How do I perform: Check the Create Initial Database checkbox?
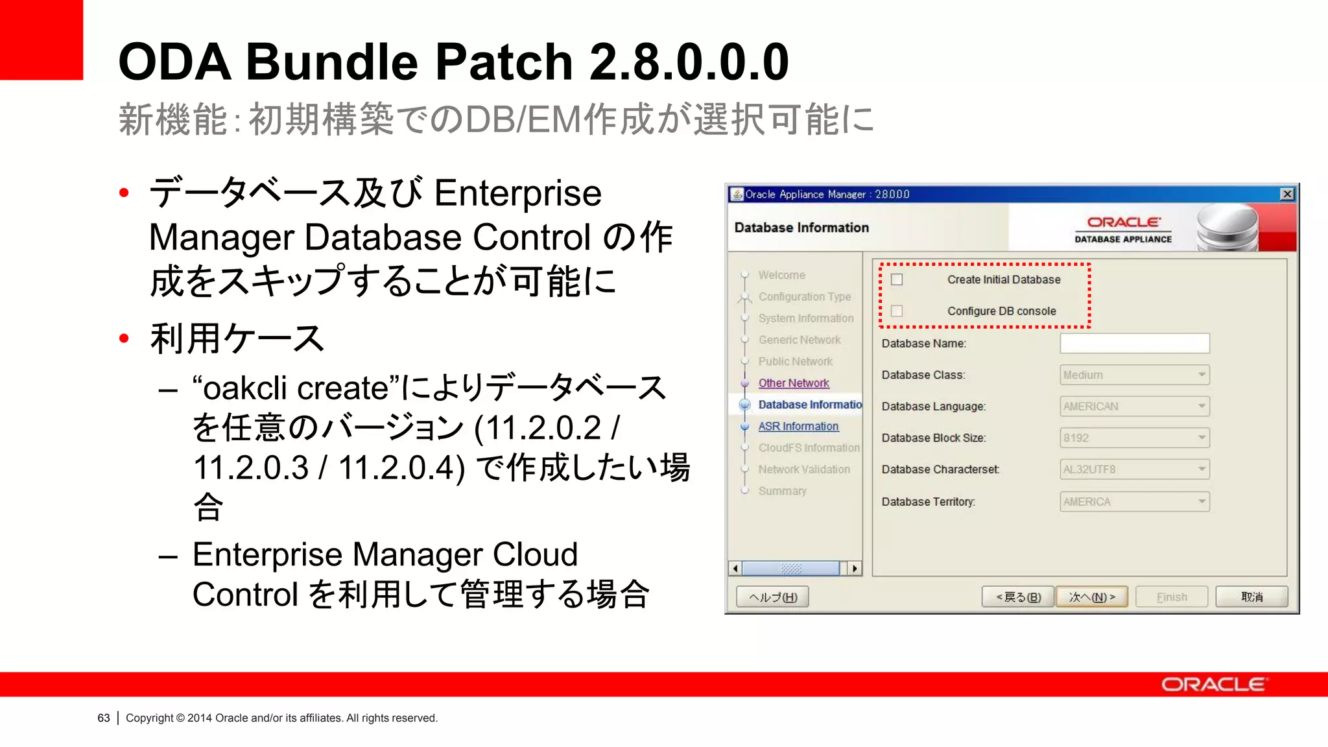[x=897, y=279]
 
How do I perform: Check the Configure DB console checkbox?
[x=897, y=311]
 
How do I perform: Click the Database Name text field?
[x=1134, y=343]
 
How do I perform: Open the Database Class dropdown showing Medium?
[x=1134, y=375]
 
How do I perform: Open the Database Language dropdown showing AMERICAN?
[x=1134, y=407]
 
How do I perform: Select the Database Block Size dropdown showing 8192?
[x=1134, y=438]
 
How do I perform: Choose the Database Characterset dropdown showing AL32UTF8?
[x=1134, y=469]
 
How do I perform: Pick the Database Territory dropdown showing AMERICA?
[x=1134, y=501]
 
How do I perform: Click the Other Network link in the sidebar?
[x=794, y=383]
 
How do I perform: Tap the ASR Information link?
[x=798, y=426]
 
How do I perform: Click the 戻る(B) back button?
[x=1018, y=597]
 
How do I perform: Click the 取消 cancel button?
[x=1251, y=597]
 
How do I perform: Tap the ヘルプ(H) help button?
[x=772, y=597]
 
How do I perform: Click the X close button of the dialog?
[x=1287, y=194]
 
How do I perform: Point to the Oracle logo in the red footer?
[x=1213, y=685]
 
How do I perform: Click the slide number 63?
[x=104, y=718]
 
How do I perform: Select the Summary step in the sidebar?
[x=782, y=491]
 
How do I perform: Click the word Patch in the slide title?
[x=504, y=62]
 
